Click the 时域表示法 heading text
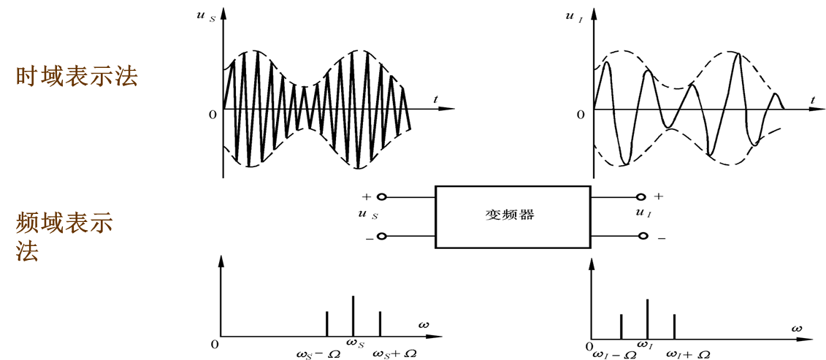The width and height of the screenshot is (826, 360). click(x=77, y=77)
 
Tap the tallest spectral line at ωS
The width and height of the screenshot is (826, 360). click(x=353, y=316)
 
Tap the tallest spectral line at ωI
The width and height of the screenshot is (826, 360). click(x=648, y=318)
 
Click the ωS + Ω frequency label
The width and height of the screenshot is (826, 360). click(x=395, y=353)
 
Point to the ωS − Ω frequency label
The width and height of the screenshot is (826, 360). click(x=318, y=353)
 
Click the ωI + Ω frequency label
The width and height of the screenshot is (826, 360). click(x=688, y=354)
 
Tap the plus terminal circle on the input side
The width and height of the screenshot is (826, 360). click(x=381, y=197)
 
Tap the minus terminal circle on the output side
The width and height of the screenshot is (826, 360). click(x=643, y=236)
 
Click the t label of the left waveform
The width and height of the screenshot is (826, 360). click(x=435, y=98)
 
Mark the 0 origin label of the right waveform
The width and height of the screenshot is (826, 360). click(x=581, y=115)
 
